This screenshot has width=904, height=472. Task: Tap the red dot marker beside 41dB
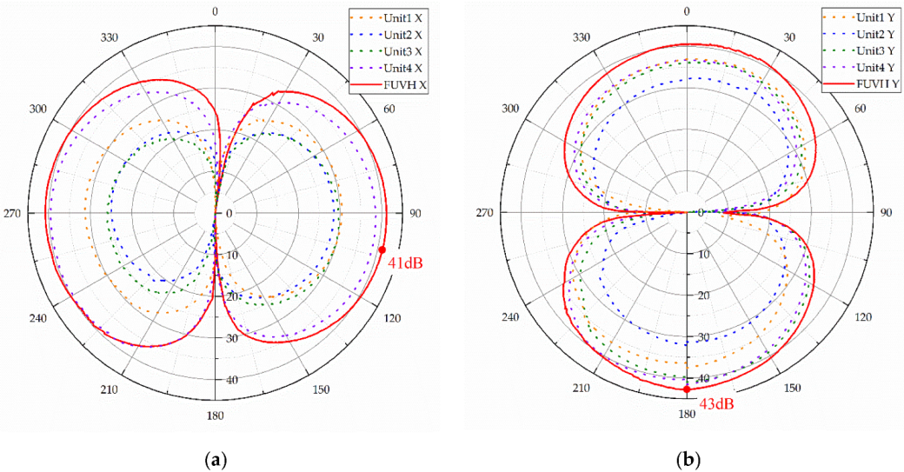click(x=382, y=249)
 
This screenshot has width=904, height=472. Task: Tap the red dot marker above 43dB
click(x=687, y=389)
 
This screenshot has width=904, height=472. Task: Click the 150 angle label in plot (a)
click(x=320, y=389)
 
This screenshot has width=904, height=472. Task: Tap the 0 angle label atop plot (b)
click(x=687, y=11)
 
